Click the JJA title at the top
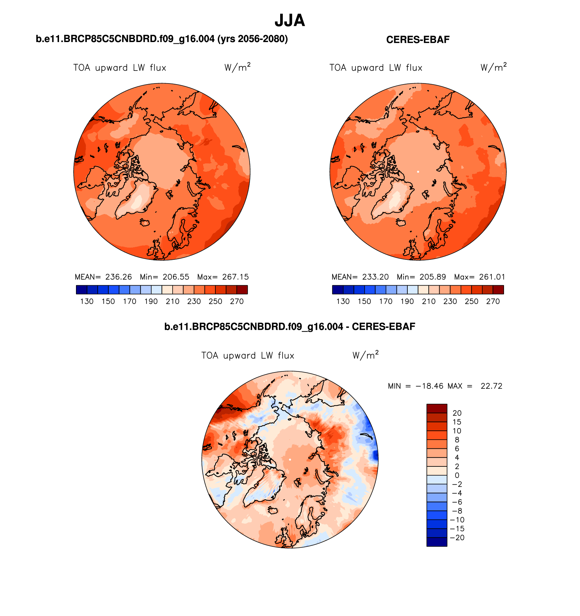pos(290,21)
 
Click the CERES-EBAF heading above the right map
pos(418,40)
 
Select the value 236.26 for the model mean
pos(118,277)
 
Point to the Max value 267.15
pos(235,277)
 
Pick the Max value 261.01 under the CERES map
pos(492,277)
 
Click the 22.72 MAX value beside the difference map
pos(491,386)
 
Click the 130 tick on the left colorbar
pos(87,301)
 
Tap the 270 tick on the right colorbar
pos(493,301)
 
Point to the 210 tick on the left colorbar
pos(172,301)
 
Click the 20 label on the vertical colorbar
pos(457,413)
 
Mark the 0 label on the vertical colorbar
pos(457,475)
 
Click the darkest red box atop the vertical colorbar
pos(437,408)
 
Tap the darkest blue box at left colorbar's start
pos(82,290)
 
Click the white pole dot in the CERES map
pos(418,172)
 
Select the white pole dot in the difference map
pos(290,459)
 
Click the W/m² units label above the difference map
pos(365,355)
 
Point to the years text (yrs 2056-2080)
pos(252,39)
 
